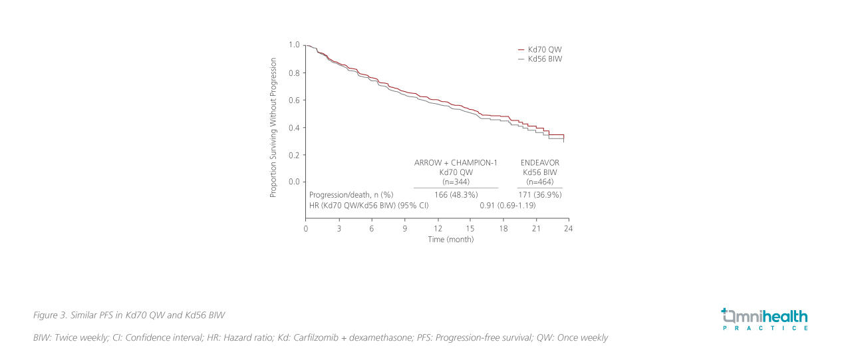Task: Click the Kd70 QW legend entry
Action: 544,50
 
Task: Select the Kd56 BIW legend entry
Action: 544,59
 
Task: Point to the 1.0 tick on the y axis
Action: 294,45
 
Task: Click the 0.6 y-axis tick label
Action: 294,100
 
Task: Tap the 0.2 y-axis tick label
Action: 294,154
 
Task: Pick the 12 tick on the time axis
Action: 438,228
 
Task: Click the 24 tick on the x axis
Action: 568,228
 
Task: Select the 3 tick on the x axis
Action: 339,228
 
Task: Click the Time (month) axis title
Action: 451,240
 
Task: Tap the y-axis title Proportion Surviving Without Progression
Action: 273,127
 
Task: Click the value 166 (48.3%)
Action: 456,195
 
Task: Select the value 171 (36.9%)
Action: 540,195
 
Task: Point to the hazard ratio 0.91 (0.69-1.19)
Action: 507,206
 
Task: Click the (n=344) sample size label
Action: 456,182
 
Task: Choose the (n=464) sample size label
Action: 539,182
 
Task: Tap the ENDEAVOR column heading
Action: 539,162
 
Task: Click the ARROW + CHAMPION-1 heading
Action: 456,162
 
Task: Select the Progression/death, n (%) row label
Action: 351,195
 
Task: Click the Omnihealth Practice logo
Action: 764,319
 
